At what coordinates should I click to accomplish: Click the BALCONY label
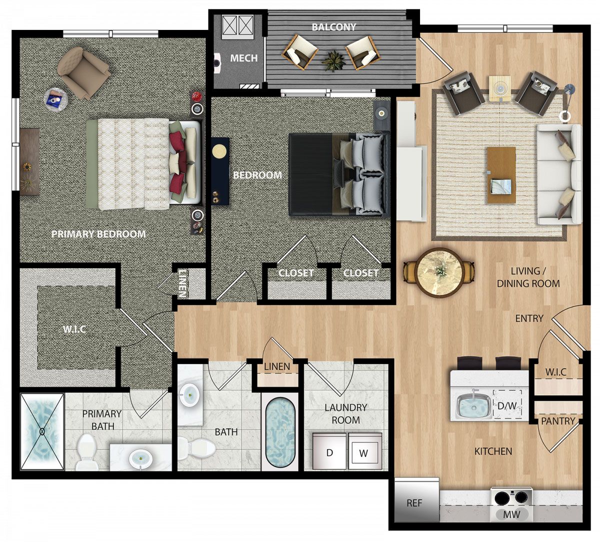pos(333,27)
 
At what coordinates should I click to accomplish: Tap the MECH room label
pos(244,58)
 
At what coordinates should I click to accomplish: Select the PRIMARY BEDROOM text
pos(98,234)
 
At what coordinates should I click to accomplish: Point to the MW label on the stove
pos(511,515)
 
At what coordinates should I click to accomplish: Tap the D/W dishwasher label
pos(507,406)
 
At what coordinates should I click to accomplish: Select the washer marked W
pos(365,452)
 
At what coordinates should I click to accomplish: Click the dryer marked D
pos(329,452)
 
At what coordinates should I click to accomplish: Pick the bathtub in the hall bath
pos(280,432)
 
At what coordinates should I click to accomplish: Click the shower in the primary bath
pos(42,432)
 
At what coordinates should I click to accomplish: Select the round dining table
pos(439,273)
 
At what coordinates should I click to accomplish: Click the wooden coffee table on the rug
pos(501,175)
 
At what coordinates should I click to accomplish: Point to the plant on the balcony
pos(332,61)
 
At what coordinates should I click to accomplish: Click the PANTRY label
pos(557,421)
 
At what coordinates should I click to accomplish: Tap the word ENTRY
pos(529,318)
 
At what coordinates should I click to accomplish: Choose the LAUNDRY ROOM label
pos(346,414)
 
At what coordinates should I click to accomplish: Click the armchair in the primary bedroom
pos(84,72)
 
